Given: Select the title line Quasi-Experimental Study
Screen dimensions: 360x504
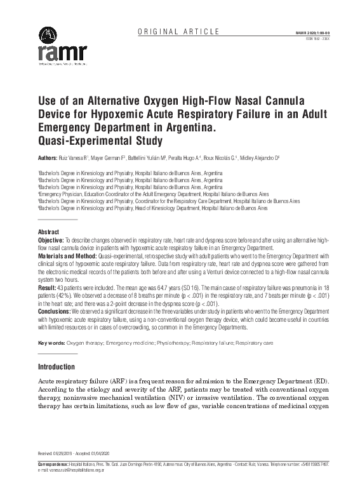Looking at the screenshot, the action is [100, 141].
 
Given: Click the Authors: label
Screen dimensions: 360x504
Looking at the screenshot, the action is [50, 157].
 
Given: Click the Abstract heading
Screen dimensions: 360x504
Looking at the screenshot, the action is [49, 233].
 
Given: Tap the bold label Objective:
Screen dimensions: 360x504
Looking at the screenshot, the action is [51, 241].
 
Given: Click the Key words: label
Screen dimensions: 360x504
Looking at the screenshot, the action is [51, 343].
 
